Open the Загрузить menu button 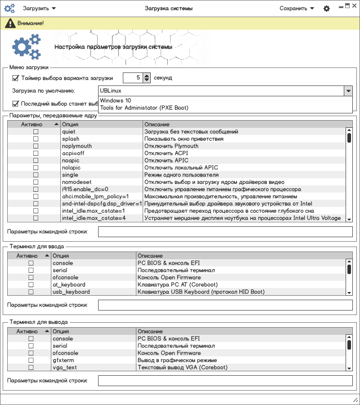[x=39, y=8]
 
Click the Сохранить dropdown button [x=297, y=8]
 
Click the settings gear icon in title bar [x=327, y=9]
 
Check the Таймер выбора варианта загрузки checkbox [x=16, y=78]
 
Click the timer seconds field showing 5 [x=133, y=78]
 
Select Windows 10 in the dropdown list [x=116, y=101]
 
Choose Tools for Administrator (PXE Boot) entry [x=144, y=108]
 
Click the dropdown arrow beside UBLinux [x=348, y=91]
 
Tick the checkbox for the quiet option [x=36, y=132]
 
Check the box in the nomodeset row [x=36, y=182]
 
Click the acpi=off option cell [x=73, y=153]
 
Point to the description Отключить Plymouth [x=171, y=146]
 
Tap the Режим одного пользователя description [x=181, y=175]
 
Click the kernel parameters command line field [x=225, y=232]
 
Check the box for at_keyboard [x=31, y=285]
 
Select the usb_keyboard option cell [x=71, y=292]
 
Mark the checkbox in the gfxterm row [x=31, y=360]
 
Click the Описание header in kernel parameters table [x=157, y=124]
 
